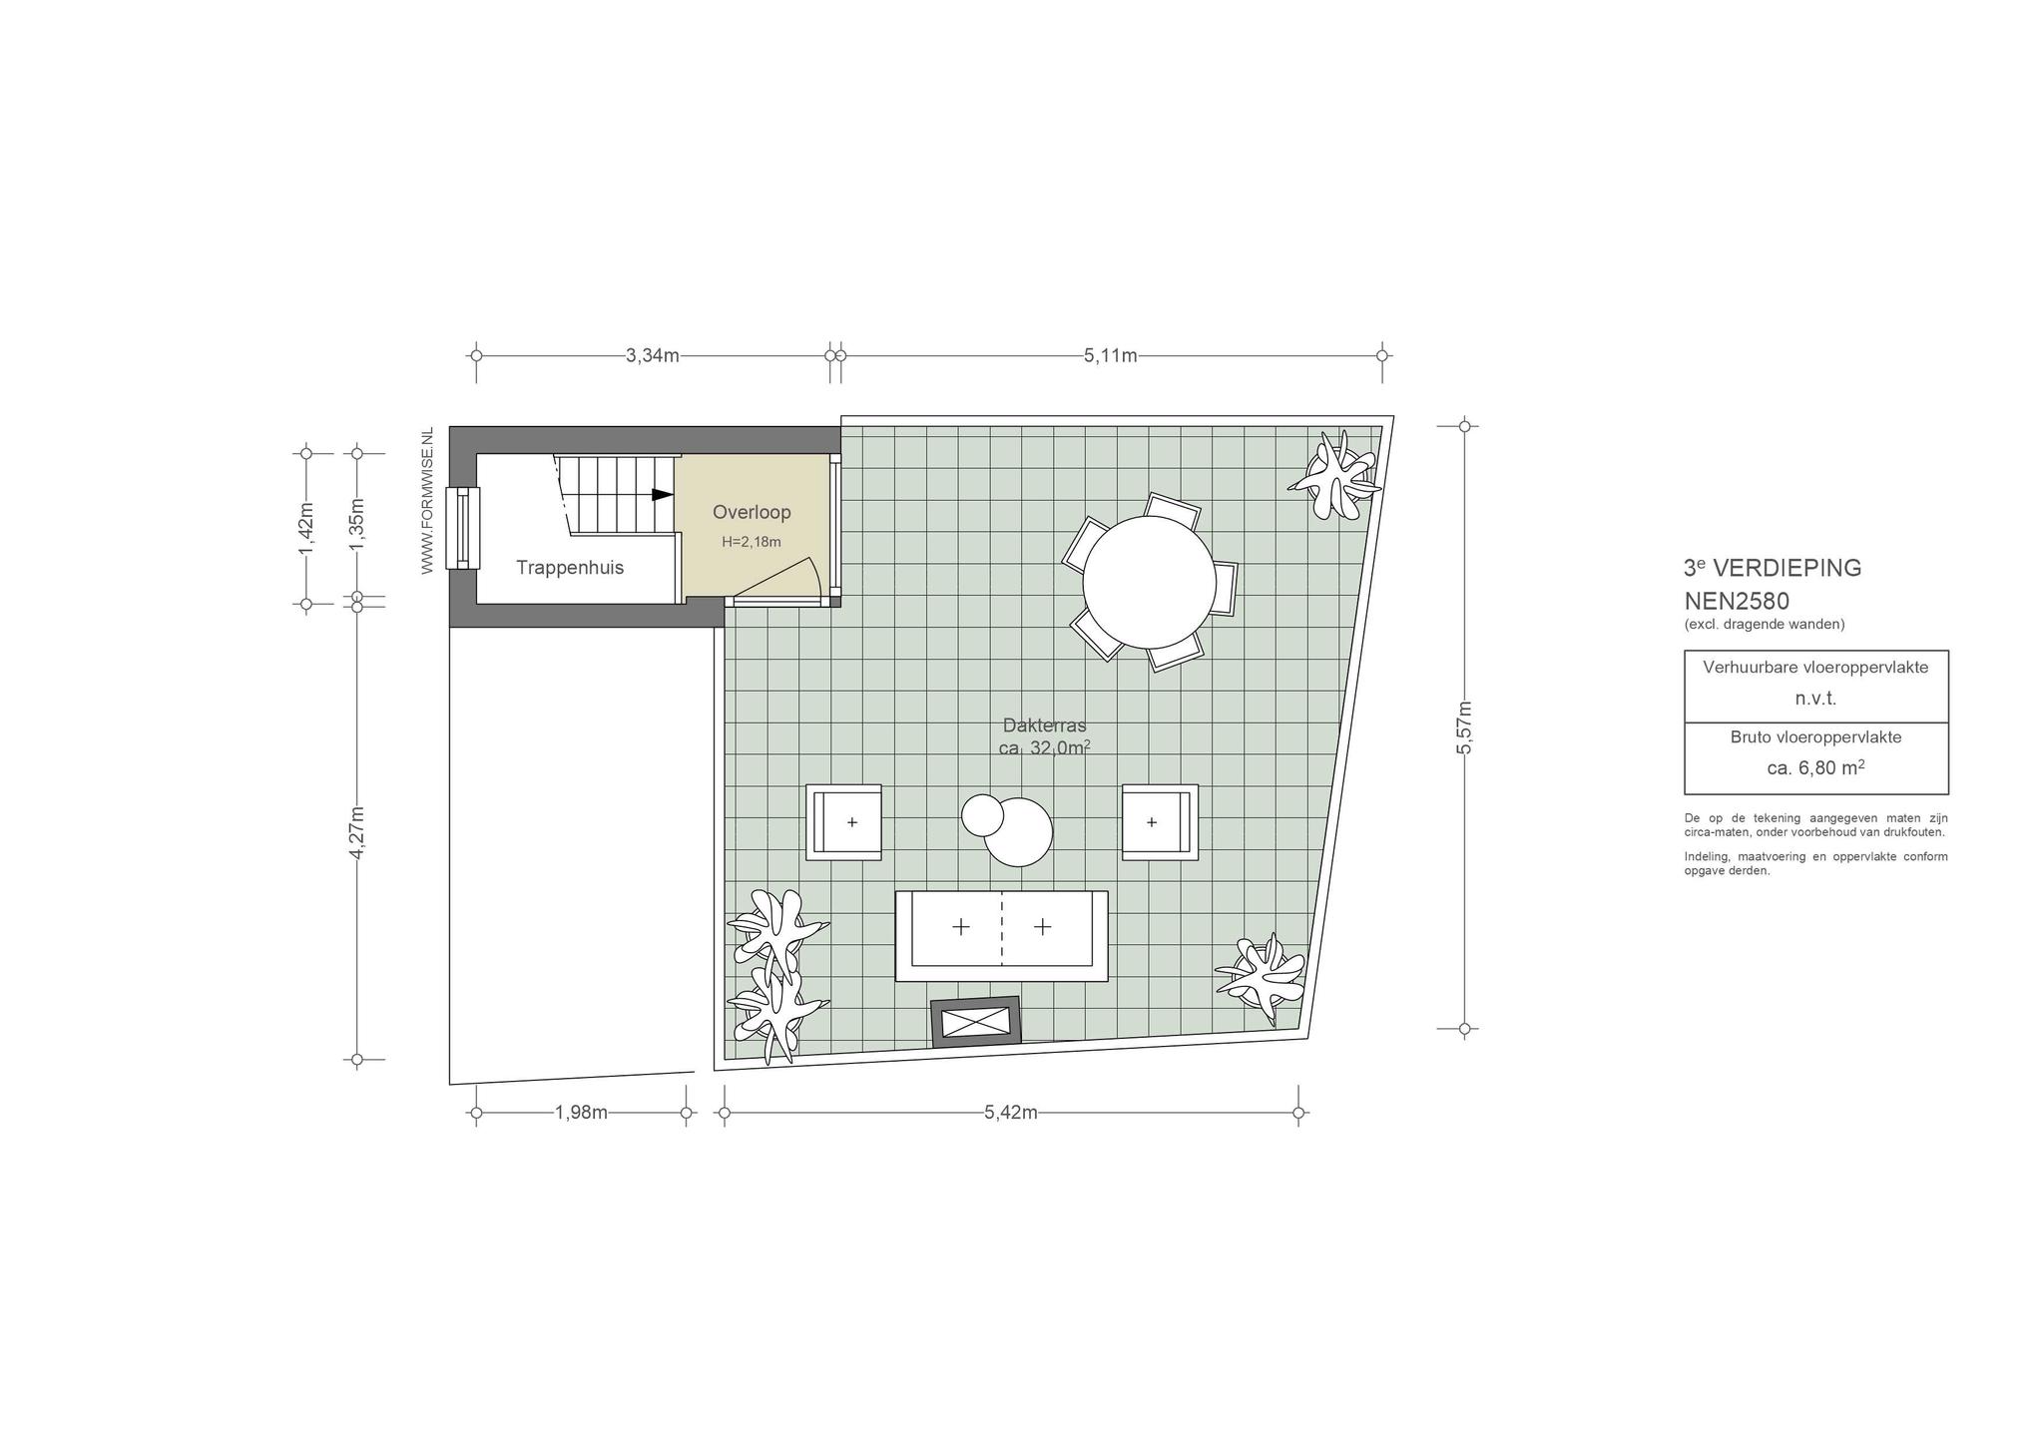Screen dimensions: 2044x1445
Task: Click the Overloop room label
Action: pos(752,512)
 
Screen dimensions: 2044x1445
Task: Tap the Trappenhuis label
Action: pos(570,568)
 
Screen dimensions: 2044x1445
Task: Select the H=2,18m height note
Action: pos(752,542)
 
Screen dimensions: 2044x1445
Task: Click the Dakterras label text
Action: pos(1044,725)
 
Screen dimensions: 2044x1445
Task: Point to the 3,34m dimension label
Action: pos(653,355)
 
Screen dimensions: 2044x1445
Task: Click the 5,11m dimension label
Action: pos(1111,355)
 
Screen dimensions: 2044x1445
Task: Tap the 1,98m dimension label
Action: pos(581,1113)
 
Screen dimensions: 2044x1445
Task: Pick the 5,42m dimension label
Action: pos(1011,1113)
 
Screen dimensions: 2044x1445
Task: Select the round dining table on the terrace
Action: pos(1148,582)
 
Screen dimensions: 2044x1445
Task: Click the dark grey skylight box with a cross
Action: pos(976,1022)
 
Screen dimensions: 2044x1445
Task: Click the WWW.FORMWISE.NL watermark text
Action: pos(427,501)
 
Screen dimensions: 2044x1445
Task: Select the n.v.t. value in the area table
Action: pos(1815,699)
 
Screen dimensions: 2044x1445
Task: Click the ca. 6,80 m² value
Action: pos(1815,767)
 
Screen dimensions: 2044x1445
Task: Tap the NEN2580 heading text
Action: pos(1737,602)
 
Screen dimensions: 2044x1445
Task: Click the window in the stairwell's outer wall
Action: pos(462,528)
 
